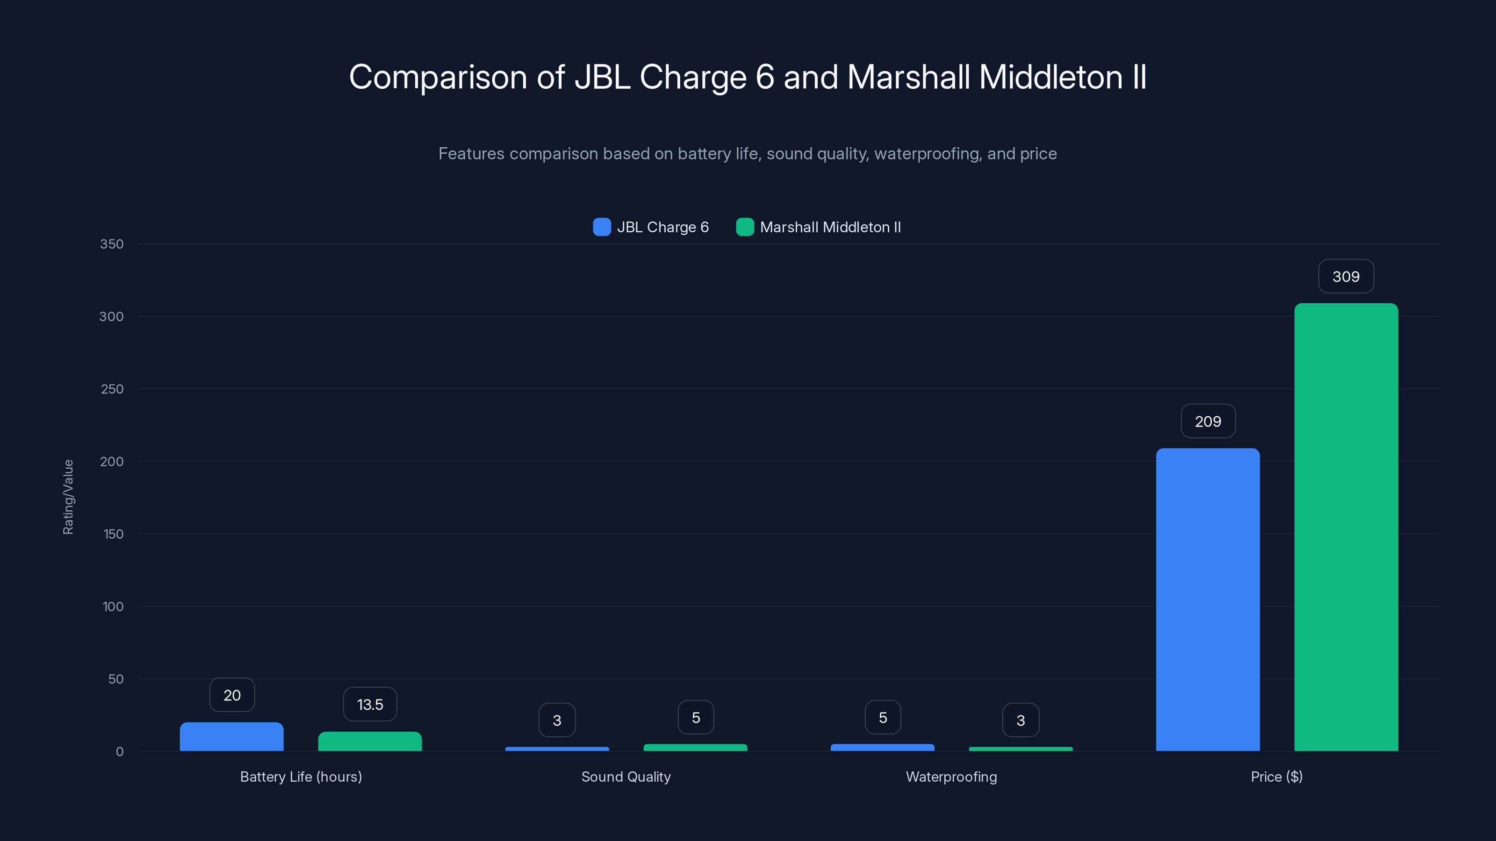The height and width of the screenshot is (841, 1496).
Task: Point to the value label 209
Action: coord(1208,421)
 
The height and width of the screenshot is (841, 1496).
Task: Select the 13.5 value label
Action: coord(370,704)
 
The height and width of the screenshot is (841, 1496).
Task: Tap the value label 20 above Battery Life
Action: coord(232,695)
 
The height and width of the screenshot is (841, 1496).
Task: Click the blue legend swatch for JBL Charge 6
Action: coord(602,227)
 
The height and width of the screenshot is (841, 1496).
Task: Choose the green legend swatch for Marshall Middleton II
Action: coord(745,227)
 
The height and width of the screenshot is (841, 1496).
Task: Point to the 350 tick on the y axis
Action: coord(112,244)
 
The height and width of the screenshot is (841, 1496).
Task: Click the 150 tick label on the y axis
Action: coord(113,534)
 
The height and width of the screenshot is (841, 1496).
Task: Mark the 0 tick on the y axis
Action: coord(120,752)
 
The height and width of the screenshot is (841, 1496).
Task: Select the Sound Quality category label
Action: coord(626,777)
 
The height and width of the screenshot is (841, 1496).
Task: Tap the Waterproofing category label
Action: coord(951,777)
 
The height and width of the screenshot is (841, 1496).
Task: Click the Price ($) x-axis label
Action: coord(1276,777)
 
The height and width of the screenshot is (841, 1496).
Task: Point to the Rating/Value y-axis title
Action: coord(68,497)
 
